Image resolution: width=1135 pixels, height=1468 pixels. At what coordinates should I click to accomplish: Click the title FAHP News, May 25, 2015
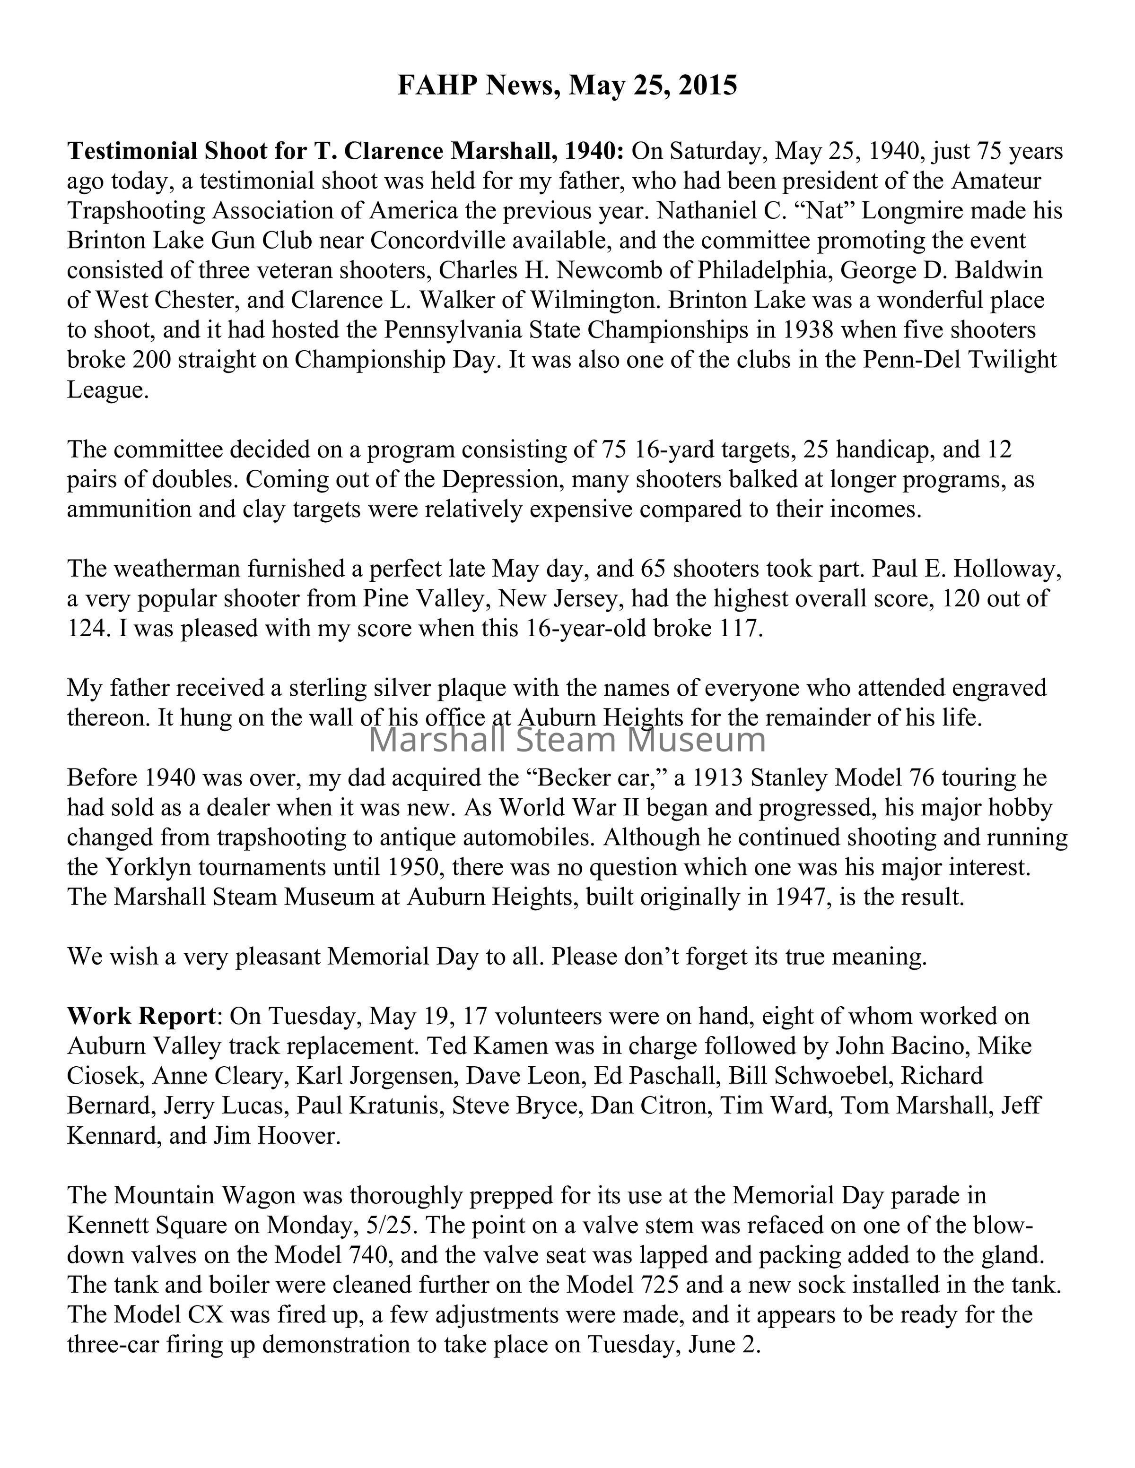(567, 86)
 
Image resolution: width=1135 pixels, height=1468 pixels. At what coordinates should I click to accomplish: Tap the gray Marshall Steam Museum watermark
(567, 740)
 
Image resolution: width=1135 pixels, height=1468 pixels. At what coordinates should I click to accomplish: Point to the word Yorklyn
(147, 867)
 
